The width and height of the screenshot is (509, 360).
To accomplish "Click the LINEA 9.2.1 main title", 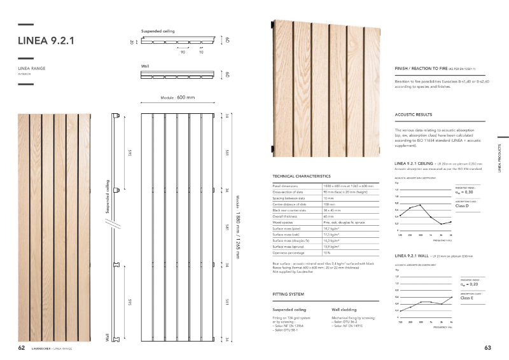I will click(x=47, y=41).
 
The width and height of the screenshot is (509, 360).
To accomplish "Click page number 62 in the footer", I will click(x=21, y=348).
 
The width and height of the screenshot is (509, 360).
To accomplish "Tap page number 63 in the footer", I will click(x=488, y=348).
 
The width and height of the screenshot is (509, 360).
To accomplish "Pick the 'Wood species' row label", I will click(x=282, y=223).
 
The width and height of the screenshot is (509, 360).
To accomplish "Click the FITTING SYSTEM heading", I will click(x=288, y=294).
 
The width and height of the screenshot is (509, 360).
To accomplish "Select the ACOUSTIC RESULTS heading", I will click(x=413, y=115).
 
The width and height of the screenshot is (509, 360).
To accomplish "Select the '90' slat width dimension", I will click(x=183, y=52).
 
